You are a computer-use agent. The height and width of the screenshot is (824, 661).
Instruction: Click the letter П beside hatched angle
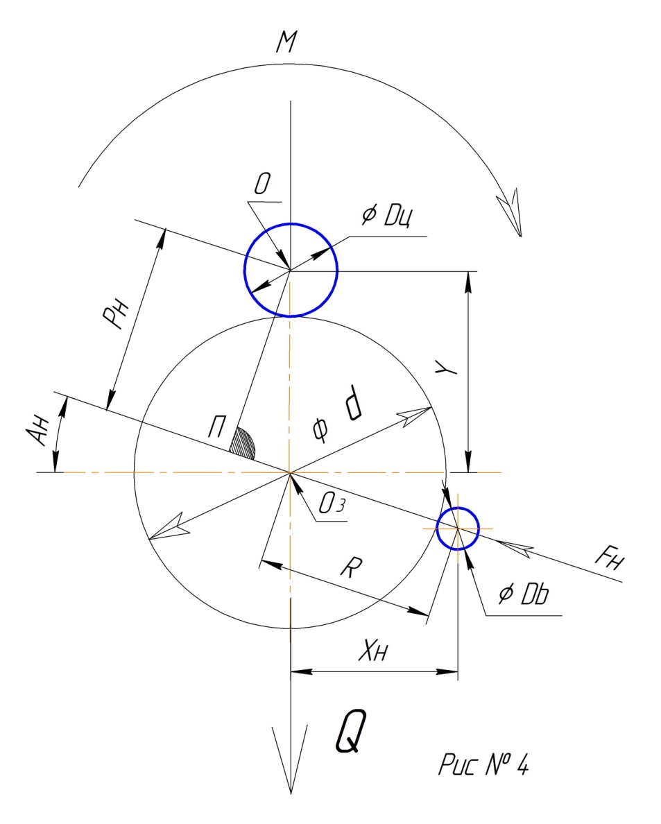pos(216,429)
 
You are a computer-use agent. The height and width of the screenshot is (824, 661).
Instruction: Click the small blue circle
pos(457,528)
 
